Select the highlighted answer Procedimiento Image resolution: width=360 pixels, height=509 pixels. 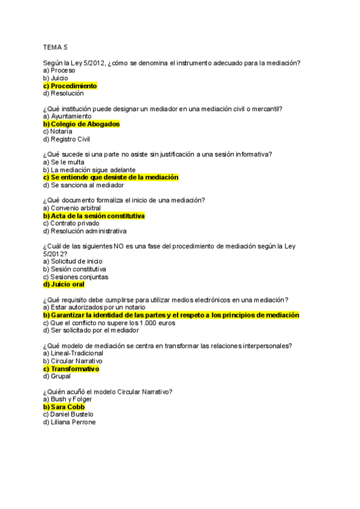click(70, 86)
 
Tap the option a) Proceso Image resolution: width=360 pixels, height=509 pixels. click(59, 70)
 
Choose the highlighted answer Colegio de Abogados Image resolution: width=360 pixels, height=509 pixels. click(81, 124)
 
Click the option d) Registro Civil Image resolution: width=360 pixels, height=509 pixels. click(67, 139)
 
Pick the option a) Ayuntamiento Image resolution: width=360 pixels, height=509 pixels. click(67, 116)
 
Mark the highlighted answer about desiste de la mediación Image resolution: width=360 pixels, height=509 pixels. click(110, 178)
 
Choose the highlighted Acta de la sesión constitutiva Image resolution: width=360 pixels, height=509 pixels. click(94, 215)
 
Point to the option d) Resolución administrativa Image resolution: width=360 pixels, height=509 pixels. click(85, 231)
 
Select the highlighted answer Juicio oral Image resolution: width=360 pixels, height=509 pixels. click(64, 285)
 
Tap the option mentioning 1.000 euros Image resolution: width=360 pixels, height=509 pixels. click(109, 322)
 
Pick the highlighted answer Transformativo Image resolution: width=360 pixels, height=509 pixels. click(71, 369)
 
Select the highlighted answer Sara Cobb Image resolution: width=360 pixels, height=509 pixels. click(64, 406)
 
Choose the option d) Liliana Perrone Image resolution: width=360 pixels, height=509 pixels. click(69, 422)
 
